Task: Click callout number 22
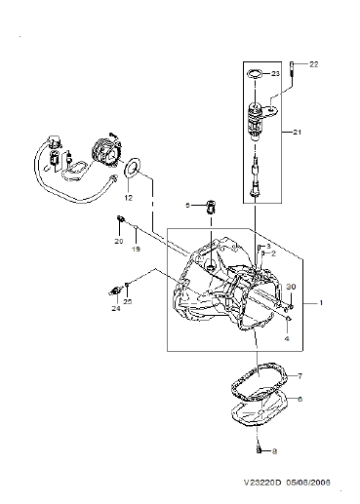click(313, 64)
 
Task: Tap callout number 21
click(297, 133)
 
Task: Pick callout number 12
click(129, 198)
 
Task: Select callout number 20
click(119, 241)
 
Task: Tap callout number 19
click(136, 250)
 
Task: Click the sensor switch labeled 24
click(114, 291)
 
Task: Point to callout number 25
click(128, 302)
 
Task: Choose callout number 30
click(291, 287)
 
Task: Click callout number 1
click(321, 303)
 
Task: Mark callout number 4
click(287, 338)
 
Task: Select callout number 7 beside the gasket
click(300, 376)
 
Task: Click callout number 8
click(274, 451)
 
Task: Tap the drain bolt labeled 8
click(259, 449)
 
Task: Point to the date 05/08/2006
click(308, 483)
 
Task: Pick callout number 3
click(268, 246)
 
